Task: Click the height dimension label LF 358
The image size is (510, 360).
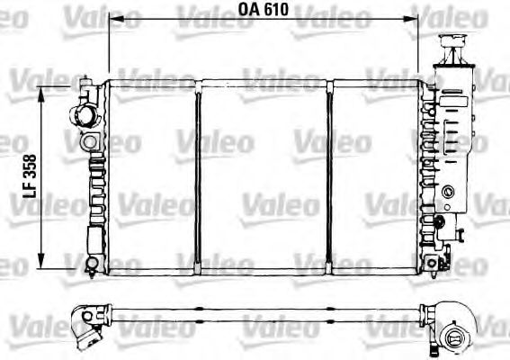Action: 29,173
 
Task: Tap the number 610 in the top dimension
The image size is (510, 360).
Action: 276,10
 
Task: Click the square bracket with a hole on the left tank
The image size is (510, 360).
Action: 90,143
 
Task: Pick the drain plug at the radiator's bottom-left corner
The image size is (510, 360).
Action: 91,263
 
